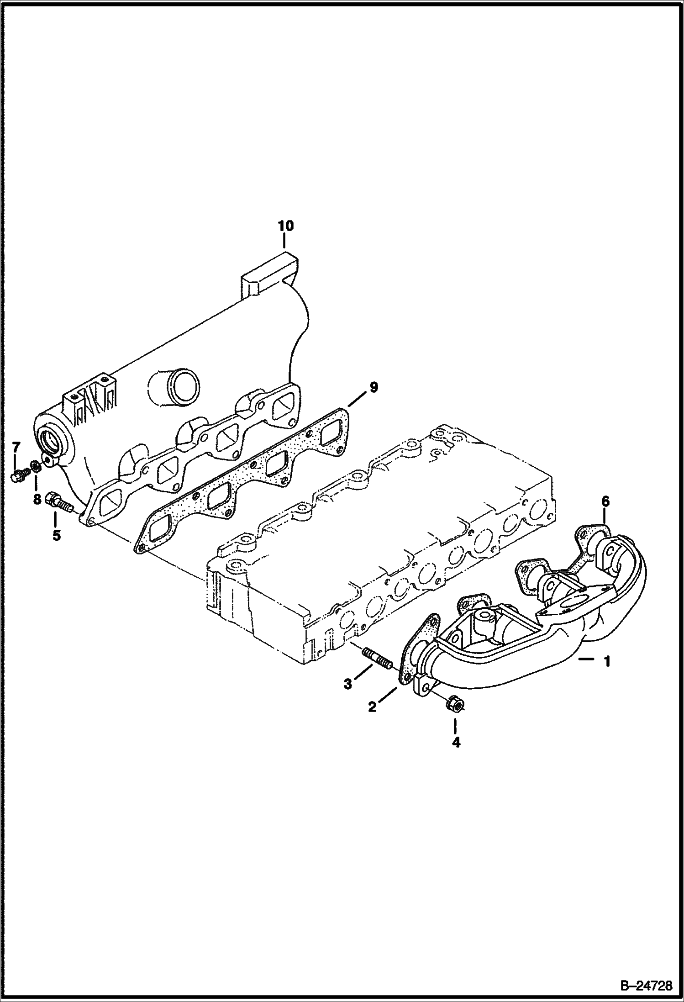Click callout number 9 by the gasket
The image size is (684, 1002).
374,388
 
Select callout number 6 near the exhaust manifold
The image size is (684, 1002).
605,501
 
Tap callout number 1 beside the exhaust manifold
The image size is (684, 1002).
607,662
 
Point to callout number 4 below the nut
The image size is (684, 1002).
456,743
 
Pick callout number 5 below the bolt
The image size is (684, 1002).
56,535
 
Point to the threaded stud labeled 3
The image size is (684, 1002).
377,659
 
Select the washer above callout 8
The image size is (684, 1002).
34,467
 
